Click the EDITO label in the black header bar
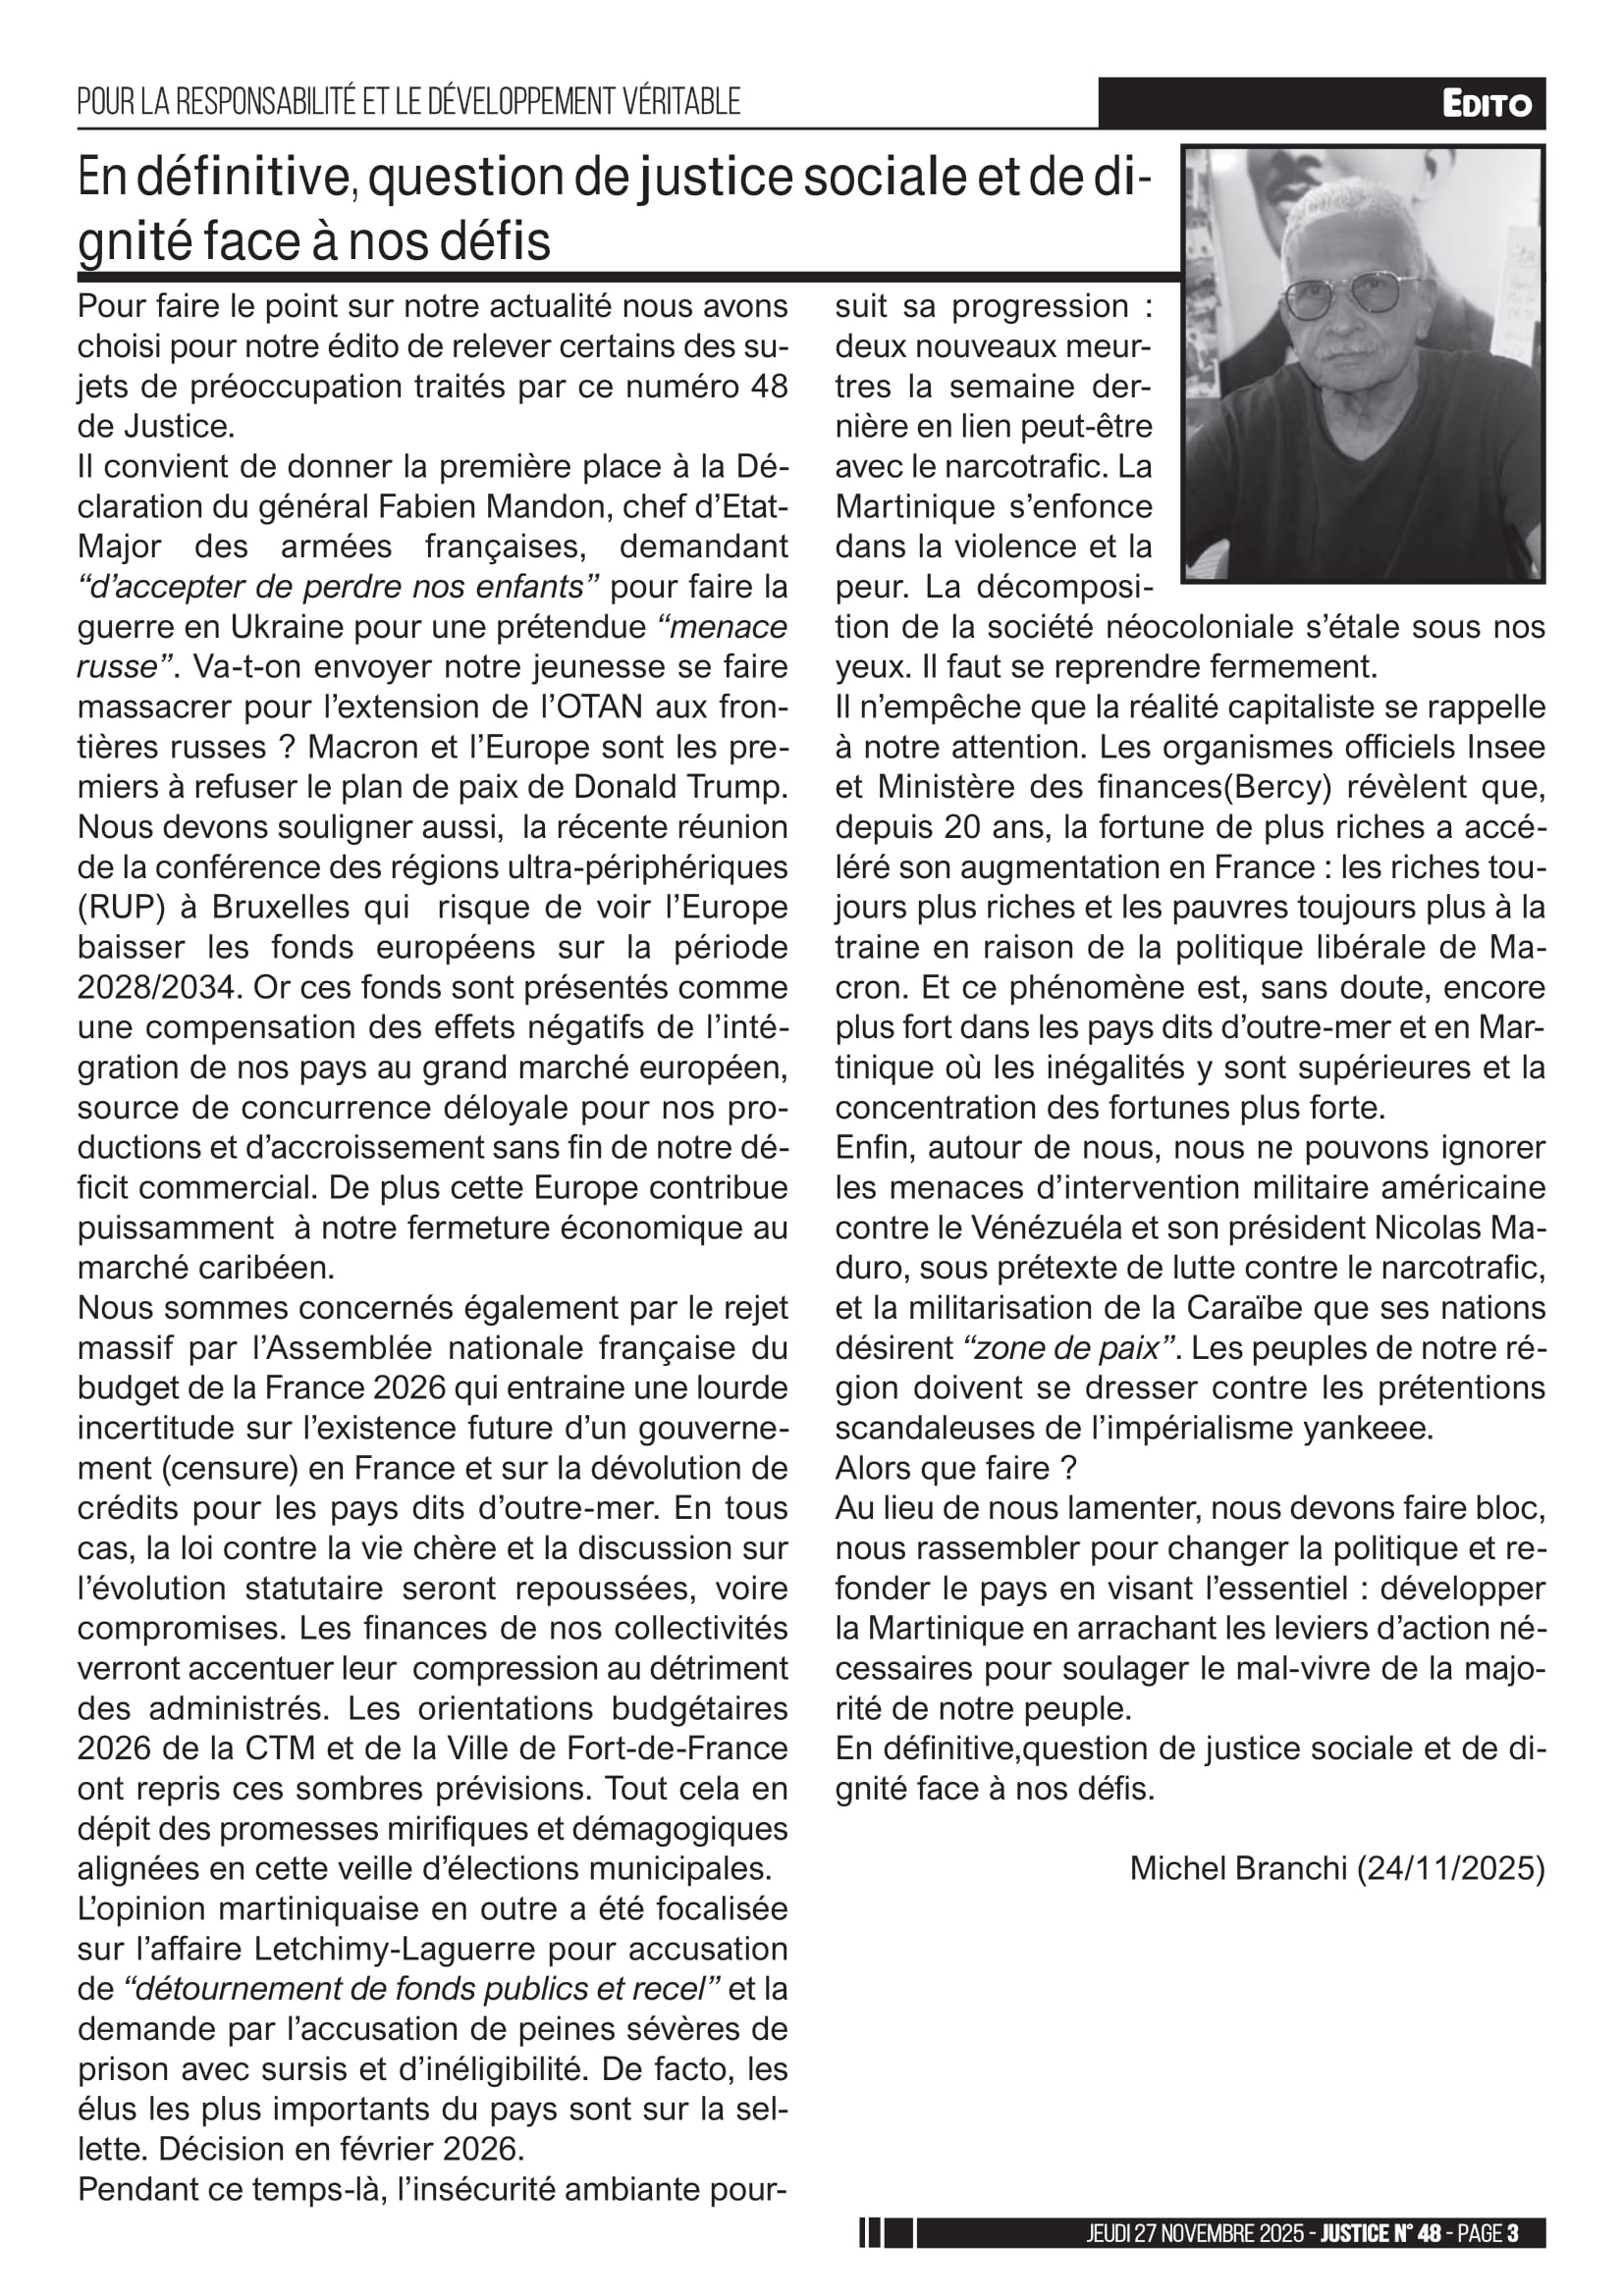(1486, 104)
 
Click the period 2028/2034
(159, 986)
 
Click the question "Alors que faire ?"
(956, 1467)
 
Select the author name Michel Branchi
(1238, 1867)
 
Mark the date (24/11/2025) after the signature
(1450, 1867)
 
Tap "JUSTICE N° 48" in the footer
(1380, 2233)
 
